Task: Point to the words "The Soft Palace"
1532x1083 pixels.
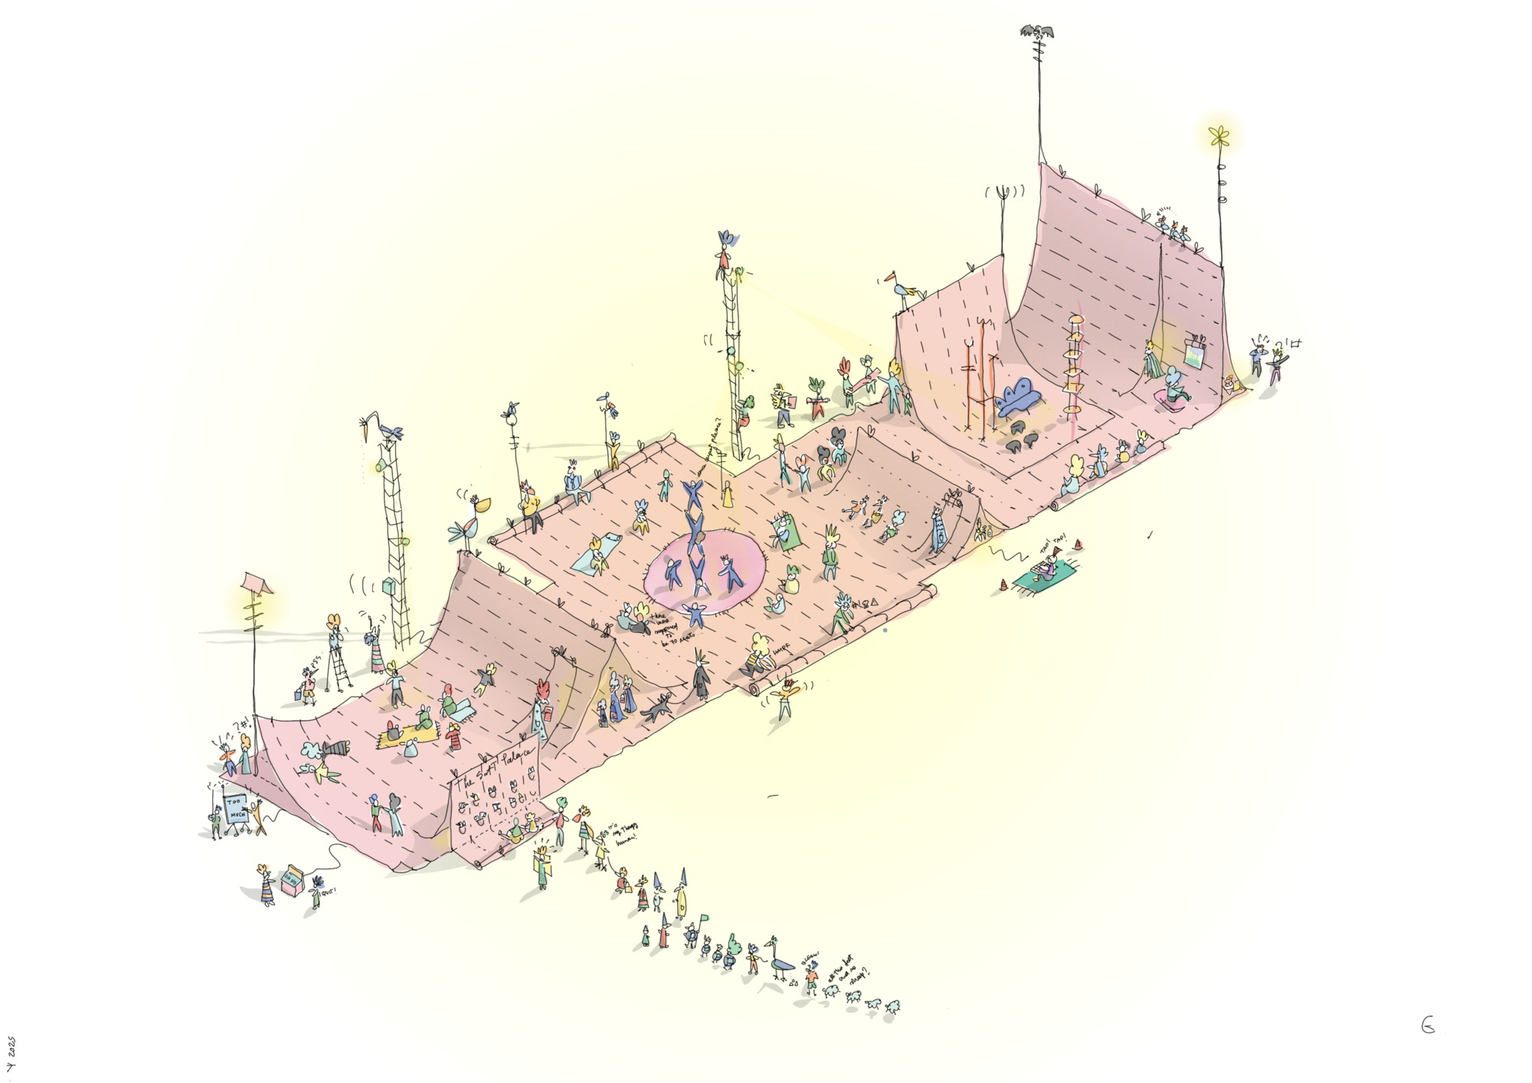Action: [x=494, y=766]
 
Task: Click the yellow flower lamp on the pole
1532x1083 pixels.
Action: [x=1218, y=136]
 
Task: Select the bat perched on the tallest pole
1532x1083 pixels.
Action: [x=1036, y=31]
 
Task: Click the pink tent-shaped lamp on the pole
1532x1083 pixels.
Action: [x=257, y=583]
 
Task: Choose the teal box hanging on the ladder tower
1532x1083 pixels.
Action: [x=388, y=587]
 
